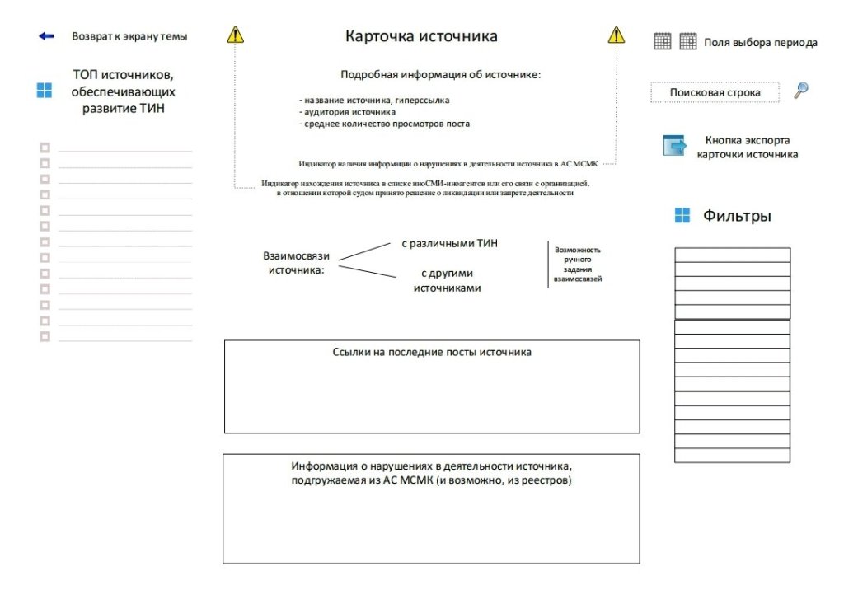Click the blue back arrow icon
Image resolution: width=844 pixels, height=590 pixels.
[46, 36]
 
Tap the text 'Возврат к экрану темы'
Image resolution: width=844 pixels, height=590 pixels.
[129, 36]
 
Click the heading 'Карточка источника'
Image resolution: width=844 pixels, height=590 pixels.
[421, 36]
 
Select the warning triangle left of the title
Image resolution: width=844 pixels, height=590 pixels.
[236, 35]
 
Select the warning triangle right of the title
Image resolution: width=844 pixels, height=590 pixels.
[617, 35]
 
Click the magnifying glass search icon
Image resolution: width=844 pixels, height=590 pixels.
[800, 91]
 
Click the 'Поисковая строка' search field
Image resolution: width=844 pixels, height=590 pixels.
[715, 93]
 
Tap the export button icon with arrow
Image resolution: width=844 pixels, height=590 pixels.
[675, 146]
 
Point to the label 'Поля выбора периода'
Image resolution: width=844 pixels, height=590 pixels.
[761, 43]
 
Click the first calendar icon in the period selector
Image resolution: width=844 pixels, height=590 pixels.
[663, 41]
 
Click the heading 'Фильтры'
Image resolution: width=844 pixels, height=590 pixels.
[737, 217]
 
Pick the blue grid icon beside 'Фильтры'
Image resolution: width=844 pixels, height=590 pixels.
[682, 216]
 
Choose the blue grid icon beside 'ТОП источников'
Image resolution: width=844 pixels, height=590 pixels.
[45, 91]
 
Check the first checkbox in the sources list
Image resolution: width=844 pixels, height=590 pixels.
[45, 147]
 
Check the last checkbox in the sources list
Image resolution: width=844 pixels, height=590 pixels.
[45, 336]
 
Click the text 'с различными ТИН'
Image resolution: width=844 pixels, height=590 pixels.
[449, 244]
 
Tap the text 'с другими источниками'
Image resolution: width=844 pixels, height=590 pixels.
[447, 281]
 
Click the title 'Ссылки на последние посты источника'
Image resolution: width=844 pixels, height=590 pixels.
[432, 353]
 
